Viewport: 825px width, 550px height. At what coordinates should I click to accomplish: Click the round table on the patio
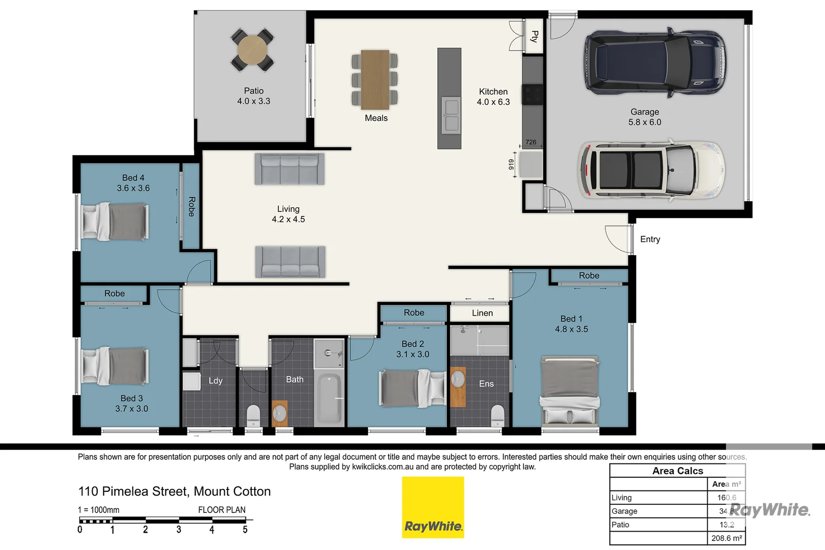tap(252, 50)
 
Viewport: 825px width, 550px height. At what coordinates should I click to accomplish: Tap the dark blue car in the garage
tap(655, 63)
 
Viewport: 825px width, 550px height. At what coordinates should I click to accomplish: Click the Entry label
tap(650, 239)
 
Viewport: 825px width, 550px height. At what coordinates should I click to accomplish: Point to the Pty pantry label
tap(535, 36)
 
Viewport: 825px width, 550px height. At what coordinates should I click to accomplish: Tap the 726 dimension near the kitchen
tap(531, 142)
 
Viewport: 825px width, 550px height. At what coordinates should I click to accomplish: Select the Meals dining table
tap(375, 79)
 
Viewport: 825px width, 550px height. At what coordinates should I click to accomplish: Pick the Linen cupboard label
tap(482, 313)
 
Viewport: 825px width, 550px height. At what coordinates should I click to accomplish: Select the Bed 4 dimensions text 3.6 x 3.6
tap(133, 188)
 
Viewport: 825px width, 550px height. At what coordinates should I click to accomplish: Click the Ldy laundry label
tap(216, 380)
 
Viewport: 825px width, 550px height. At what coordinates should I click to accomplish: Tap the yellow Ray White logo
tap(433, 507)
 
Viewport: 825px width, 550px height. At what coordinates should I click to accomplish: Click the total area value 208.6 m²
tap(726, 538)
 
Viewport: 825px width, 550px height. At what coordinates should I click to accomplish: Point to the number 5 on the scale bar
tap(245, 530)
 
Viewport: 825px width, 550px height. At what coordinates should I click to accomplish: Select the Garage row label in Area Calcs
tap(624, 511)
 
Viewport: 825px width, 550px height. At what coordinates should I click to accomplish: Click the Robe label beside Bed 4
tap(192, 206)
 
